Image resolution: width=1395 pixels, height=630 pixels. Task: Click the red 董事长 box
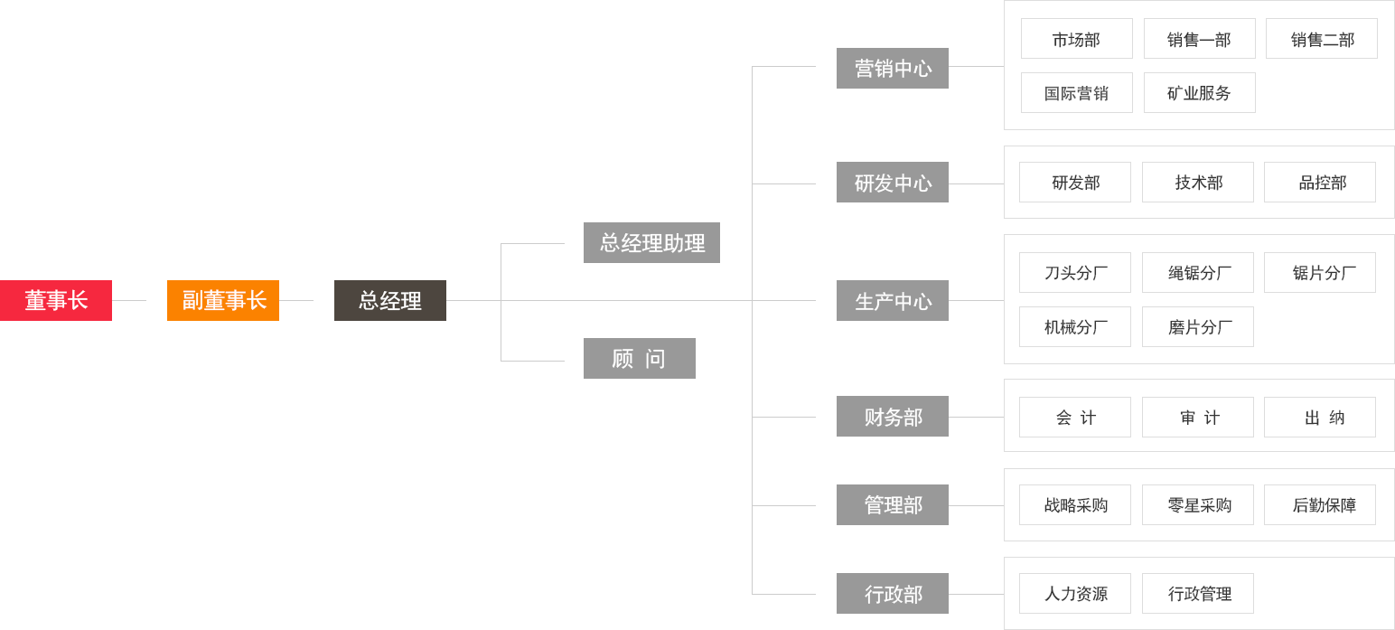point(56,300)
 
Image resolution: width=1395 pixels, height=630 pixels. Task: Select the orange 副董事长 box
point(222,300)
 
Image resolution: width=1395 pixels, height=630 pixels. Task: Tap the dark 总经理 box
point(390,300)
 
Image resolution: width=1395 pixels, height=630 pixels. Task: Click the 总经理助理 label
point(652,243)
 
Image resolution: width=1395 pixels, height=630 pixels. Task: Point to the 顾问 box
point(638,359)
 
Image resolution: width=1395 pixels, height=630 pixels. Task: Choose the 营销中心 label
point(893,69)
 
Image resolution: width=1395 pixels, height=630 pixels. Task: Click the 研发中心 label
point(893,183)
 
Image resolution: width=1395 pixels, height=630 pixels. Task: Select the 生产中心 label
point(893,301)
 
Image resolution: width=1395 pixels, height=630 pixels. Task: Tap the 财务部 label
point(893,417)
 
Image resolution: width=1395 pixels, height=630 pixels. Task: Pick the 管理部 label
point(893,505)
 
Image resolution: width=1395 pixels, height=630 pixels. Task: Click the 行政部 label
point(893,594)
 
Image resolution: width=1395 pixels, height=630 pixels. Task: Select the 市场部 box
point(1076,39)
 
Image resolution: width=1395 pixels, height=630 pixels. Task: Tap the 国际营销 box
point(1076,93)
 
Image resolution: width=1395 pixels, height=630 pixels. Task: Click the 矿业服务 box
point(1199,93)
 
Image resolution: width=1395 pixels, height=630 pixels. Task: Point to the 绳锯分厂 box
point(1198,273)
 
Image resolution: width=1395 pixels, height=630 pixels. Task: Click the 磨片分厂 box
point(1198,327)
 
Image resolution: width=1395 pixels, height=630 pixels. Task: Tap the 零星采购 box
point(1198,505)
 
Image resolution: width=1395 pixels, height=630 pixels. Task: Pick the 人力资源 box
point(1075,594)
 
